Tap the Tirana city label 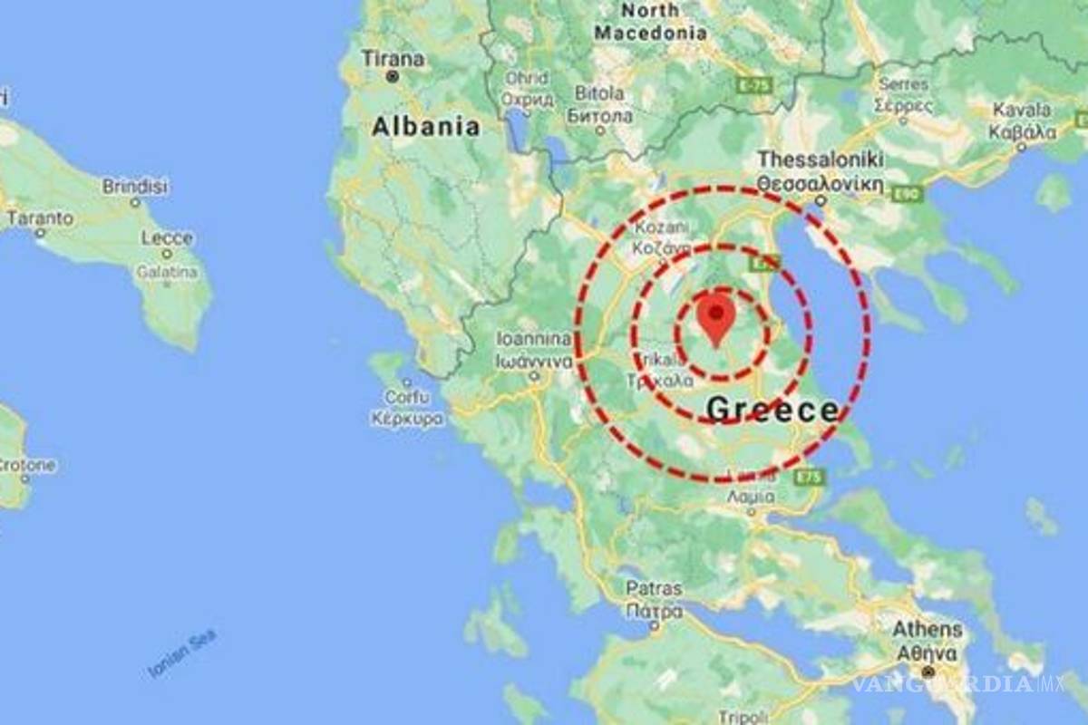coord(393,59)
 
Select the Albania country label coord(425,126)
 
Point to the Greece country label coord(772,410)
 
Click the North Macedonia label coord(651,22)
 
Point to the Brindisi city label coord(135,187)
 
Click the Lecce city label coord(168,238)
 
